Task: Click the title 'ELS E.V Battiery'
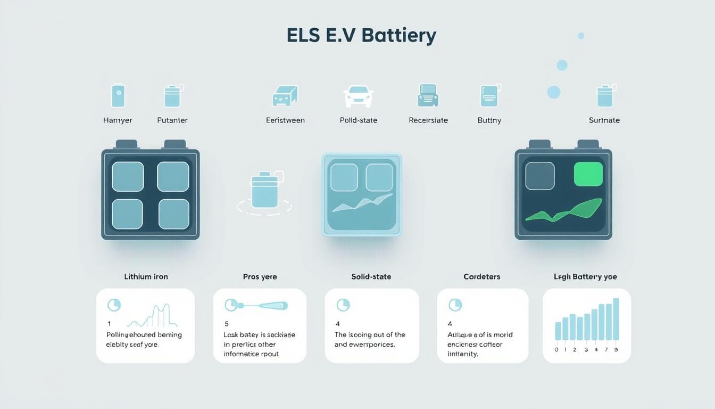tap(361, 35)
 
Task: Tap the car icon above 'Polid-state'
tap(358, 96)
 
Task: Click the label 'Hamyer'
tap(118, 120)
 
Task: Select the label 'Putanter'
tap(172, 120)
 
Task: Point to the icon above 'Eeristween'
tap(285, 96)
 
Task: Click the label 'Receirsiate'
tap(428, 120)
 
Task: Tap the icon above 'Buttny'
tap(489, 96)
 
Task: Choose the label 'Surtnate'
tap(604, 120)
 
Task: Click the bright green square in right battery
tap(588, 175)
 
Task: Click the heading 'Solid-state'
tap(371, 277)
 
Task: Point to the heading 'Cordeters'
tap(482, 277)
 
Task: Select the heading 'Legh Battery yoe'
tap(586, 277)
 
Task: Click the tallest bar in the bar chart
tap(616, 319)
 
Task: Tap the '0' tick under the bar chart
tap(556, 350)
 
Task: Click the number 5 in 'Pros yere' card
tap(227, 324)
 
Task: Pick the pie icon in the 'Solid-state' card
tap(343, 305)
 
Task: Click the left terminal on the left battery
tap(127, 144)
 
